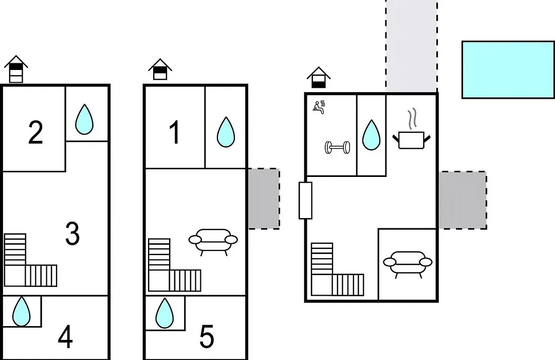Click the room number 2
click(x=35, y=133)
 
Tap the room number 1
click(x=175, y=132)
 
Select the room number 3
click(x=72, y=233)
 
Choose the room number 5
click(x=207, y=337)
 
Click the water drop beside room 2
click(x=84, y=119)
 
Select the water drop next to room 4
click(x=21, y=312)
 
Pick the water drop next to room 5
click(x=164, y=313)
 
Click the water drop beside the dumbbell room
click(x=372, y=135)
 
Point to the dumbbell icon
click(x=337, y=148)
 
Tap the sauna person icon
click(x=319, y=107)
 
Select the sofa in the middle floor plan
click(x=213, y=242)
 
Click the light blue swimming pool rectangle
click(x=508, y=70)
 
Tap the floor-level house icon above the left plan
click(x=16, y=69)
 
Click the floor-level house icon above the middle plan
click(x=160, y=69)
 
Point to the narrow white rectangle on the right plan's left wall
click(x=305, y=201)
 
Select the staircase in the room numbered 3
click(x=30, y=260)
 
